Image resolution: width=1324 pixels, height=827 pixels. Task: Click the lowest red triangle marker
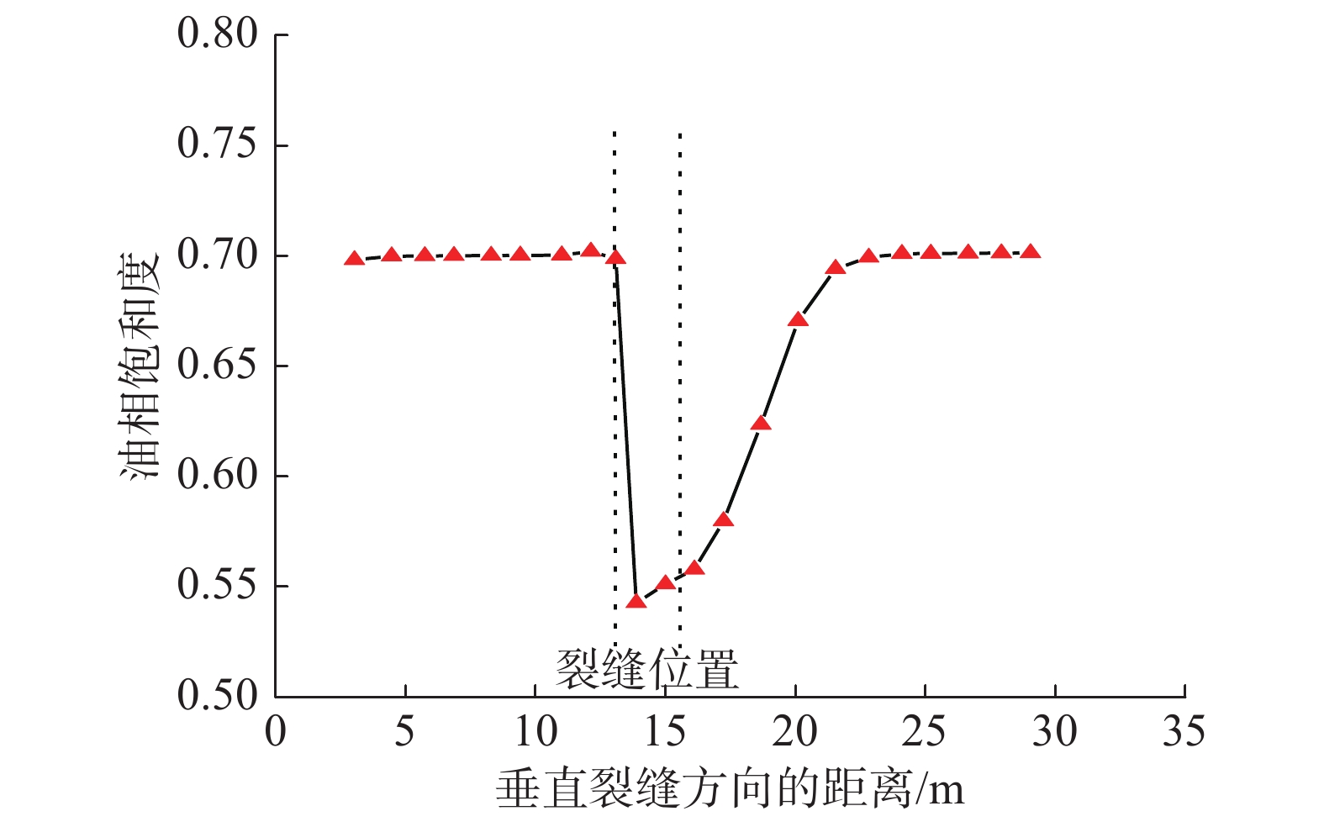(636, 601)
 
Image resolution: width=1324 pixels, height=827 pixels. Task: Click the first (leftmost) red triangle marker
(354, 259)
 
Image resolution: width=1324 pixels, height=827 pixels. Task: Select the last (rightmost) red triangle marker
(1031, 252)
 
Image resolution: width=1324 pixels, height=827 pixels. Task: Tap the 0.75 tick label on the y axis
(217, 145)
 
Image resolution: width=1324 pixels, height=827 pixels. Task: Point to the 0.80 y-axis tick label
(217, 34)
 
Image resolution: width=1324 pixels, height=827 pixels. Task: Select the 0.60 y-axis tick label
(217, 476)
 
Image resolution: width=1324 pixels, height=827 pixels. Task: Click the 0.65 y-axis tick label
(217, 366)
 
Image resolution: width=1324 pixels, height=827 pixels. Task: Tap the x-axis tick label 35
(1184, 733)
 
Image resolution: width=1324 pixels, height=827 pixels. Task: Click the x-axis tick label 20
(794, 733)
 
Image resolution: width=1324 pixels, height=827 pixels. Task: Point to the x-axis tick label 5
(404, 733)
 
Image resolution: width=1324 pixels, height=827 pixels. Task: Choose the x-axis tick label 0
(276, 733)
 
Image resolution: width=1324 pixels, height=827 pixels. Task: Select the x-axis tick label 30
(1054, 733)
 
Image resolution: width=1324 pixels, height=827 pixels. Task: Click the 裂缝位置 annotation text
(646, 670)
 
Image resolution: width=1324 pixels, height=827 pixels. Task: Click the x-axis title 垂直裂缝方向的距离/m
(729, 789)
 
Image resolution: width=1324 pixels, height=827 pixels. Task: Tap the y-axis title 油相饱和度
(139, 366)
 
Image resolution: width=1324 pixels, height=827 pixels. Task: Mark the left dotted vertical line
(615, 378)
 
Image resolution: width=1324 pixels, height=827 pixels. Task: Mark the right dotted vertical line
(679, 378)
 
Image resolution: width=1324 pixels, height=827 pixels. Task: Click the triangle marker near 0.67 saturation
(798, 319)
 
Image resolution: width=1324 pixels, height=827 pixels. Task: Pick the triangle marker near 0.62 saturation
(761, 423)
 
